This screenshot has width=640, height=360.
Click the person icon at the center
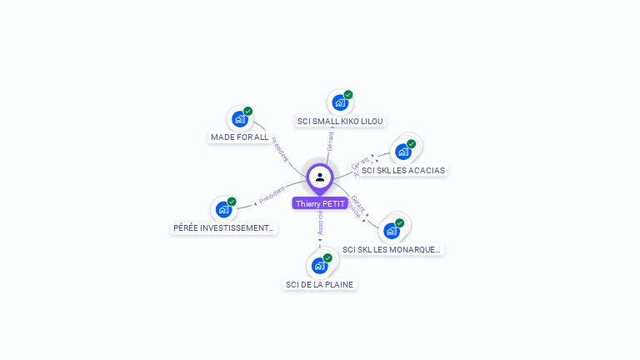pos(320,177)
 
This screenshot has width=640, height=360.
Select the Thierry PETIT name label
pos(320,203)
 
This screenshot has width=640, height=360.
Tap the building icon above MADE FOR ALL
pos(240,119)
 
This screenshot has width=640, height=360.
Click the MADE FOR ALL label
pos(239,137)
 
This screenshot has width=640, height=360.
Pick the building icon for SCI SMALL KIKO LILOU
pos(340,102)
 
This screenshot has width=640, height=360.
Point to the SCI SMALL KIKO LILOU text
pos(340,121)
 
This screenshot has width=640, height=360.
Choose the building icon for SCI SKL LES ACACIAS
pos(403,152)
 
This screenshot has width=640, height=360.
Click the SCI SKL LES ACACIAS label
pos(403,170)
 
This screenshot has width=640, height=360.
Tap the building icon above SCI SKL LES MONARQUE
pos(392,231)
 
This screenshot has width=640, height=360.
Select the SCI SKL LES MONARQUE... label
pos(392,249)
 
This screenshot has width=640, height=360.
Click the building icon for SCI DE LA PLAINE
pos(319,266)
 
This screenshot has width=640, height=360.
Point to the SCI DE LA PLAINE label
pos(319,284)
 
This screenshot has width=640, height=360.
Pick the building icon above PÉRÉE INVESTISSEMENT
pos(223,209)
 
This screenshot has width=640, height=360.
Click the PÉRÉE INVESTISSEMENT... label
pos(223,227)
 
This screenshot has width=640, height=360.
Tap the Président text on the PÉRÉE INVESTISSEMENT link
pos(272,196)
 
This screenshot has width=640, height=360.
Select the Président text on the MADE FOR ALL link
pos(280,148)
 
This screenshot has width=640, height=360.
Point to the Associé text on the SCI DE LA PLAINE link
pos(321,221)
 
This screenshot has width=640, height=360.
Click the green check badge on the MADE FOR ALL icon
pos(247,112)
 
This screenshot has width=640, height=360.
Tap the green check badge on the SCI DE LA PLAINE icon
pos(327,258)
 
